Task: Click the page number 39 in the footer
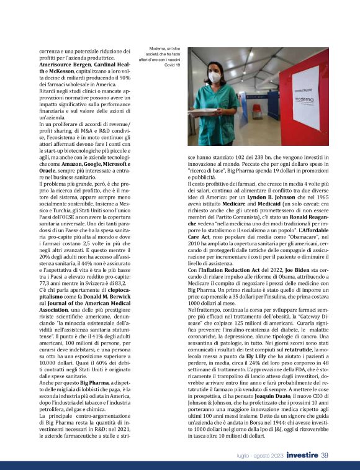point(324,456)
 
